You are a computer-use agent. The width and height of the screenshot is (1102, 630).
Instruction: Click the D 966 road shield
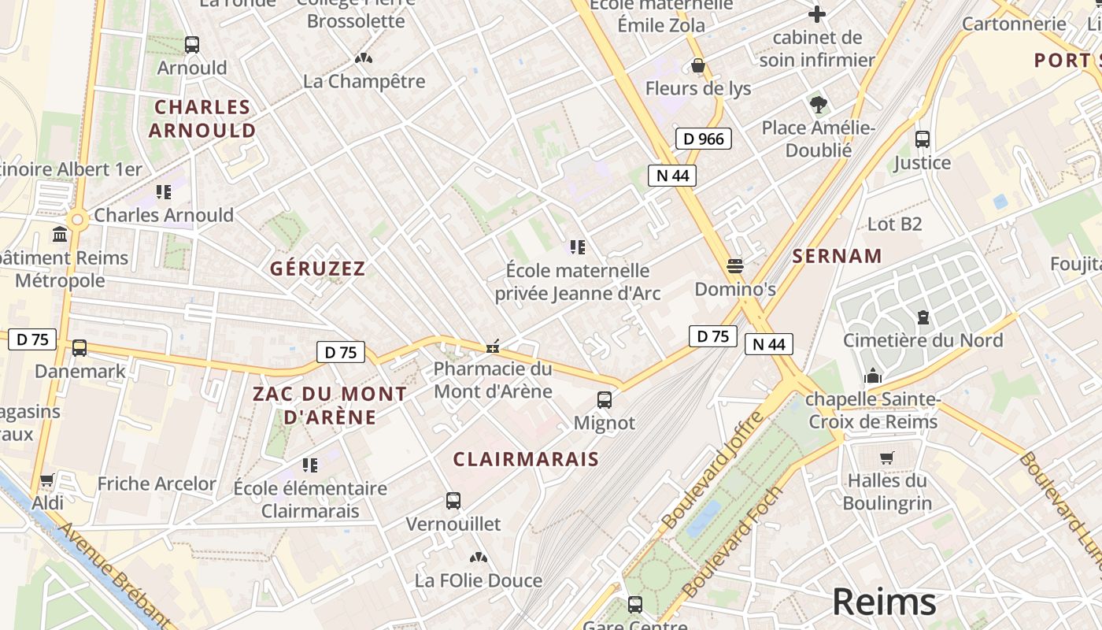pyautogui.click(x=704, y=139)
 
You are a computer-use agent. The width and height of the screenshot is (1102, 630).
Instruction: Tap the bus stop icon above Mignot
pyautogui.click(x=605, y=400)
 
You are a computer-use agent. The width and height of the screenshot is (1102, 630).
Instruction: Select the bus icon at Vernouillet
pyautogui.click(x=453, y=501)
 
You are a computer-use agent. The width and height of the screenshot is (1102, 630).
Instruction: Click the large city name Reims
pyautogui.click(x=884, y=602)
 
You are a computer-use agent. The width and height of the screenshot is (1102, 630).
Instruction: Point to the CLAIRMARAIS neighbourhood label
pyautogui.click(x=526, y=459)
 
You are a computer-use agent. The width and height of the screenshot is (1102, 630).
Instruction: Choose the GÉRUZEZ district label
pyautogui.click(x=318, y=269)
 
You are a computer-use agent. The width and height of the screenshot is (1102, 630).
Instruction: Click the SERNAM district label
pyautogui.click(x=837, y=256)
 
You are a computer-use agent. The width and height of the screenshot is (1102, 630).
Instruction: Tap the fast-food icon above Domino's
pyautogui.click(x=735, y=266)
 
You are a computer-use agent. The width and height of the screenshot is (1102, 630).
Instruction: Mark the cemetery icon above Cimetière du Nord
pyautogui.click(x=923, y=317)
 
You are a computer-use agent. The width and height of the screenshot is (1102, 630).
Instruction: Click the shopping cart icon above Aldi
pyautogui.click(x=47, y=480)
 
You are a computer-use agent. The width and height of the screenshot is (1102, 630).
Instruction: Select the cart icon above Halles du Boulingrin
pyautogui.click(x=887, y=458)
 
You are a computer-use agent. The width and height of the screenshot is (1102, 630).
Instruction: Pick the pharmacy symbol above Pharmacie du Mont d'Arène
pyautogui.click(x=494, y=346)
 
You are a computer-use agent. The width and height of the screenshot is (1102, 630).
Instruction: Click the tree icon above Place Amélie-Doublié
pyautogui.click(x=819, y=104)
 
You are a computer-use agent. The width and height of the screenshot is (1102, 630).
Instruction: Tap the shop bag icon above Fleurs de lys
pyautogui.click(x=697, y=65)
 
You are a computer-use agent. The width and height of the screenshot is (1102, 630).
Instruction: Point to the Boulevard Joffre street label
pyautogui.click(x=713, y=470)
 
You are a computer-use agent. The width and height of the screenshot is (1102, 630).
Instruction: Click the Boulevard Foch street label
pyautogui.click(x=733, y=541)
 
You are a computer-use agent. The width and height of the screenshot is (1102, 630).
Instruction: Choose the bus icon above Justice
pyautogui.click(x=923, y=139)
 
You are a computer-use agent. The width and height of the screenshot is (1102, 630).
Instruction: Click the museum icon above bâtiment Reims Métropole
pyautogui.click(x=60, y=234)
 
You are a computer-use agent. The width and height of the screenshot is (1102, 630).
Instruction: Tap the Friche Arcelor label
pyautogui.click(x=156, y=484)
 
